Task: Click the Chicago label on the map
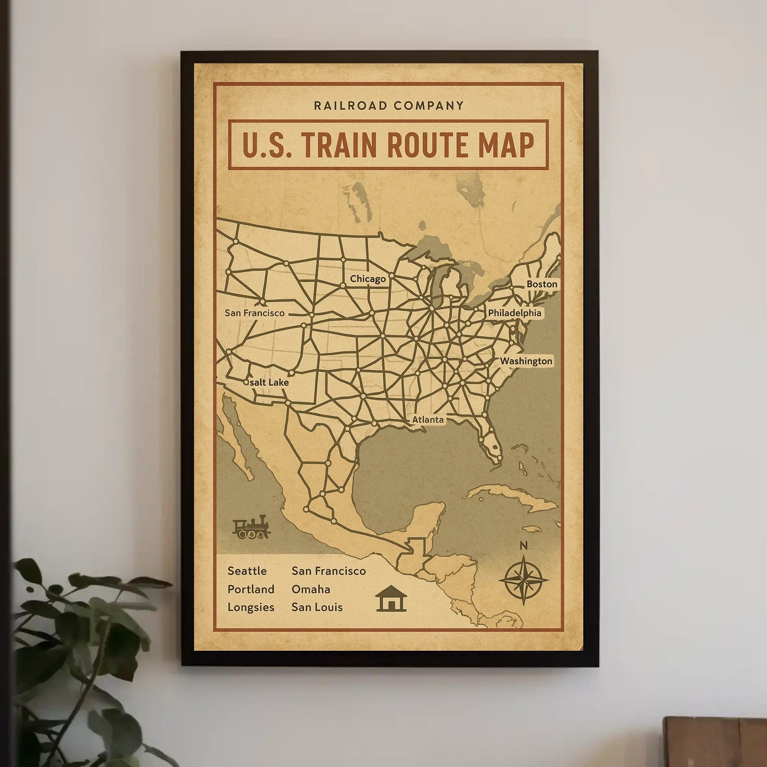[368, 279]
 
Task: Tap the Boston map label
[542, 284]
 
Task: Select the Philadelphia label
[515, 313]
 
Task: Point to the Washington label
[526, 361]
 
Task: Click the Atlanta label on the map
[428, 420]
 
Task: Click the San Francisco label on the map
[255, 313]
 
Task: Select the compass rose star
[523, 580]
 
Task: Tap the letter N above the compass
[523, 546]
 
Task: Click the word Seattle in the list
[247, 571]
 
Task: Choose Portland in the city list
[251, 589]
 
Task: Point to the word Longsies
[251, 607]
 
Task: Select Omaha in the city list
[311, 589]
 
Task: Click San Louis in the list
[317, 607]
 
